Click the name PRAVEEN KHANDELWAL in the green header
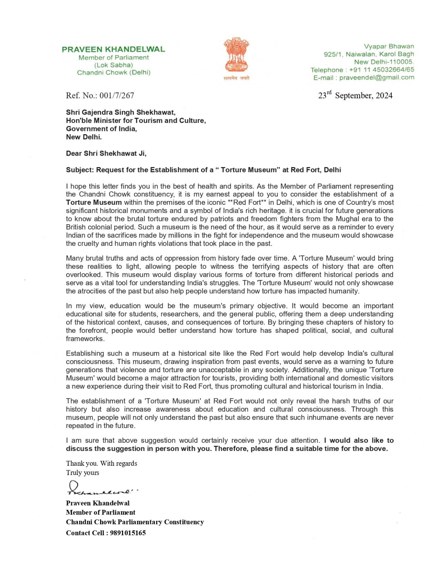pyautogui.click(x=113, y=49)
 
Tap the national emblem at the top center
pyautogui.click(x=236, y=56)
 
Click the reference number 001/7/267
pyautogui.click(x=117, y=95)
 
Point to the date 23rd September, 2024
pyautogui.click(x=355, y=95)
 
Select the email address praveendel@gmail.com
pyautogui.click(x=376, y=78)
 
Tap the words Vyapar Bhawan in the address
pyautogui.click(x=389, y=46)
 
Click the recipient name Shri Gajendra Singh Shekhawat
pyautogui.click(x=120, y=112)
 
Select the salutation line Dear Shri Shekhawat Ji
pyautogui.click(x=106, y=153)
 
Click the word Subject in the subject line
pyautogui.click(x=79, y=170)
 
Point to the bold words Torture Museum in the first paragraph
pyautogui.click(x=94, y=203)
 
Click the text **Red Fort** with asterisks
pyautogui.click(x=247, y=203)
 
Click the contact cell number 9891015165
pyautogui.click(x=128, y=533)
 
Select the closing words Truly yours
pyautogui.click(x=83, y=472)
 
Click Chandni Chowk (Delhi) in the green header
pyautogui.click(x=114, y=73)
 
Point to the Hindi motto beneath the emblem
pyautogui.click(x=236, y=78)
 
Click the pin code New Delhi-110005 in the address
pyautogui.click(x=384, y=62)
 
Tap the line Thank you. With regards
pyautogui.click(x=101, y=463)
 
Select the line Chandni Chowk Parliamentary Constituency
pyautogui.click(x=135, y=522)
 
